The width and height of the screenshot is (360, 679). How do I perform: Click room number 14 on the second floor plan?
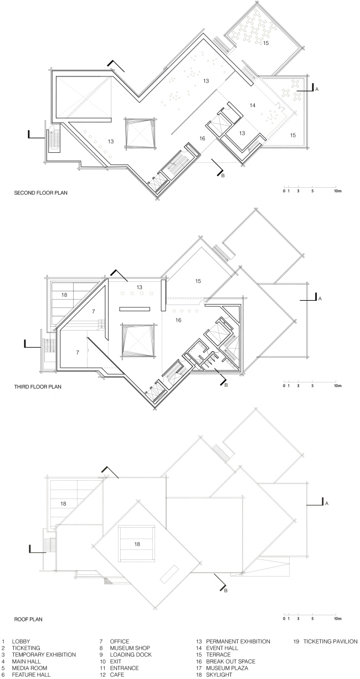click(x=253, y=105)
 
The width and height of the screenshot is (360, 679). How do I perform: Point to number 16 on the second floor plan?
click(x=203, y=138)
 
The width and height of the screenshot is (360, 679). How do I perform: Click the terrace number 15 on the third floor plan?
click(x=198, y=281)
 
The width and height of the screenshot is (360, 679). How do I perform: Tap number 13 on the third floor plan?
click(x=140, y=287)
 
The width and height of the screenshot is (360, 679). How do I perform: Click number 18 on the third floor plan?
click(x=65, y=295)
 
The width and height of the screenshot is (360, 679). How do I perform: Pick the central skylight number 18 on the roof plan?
click(x=137, y=544)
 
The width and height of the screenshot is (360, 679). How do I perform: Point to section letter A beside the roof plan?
click(x=327, y=503)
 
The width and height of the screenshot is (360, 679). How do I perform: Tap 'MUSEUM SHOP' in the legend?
click(x=130, y=648)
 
